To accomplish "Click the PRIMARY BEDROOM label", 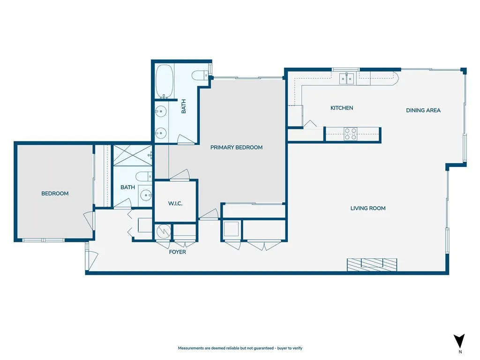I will tap(236, 147).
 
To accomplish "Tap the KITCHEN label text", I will tap(342, 108).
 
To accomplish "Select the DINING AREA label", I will tap(423, 111).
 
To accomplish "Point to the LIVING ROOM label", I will tap(368, 208).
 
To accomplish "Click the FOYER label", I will tap(178, 252).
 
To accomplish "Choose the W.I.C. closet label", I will tap(175, 203).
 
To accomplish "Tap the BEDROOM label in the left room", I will tap(55, 194).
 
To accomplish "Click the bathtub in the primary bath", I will tap(165, 81).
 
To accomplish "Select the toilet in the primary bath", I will tap(199, 75).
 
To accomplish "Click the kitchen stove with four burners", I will tap(350, 134).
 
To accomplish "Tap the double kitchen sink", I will tap(347, 78).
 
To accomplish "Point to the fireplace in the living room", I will tap(372, 265).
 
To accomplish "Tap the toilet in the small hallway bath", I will tap(142, 177).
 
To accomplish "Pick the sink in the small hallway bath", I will tap(146, 195).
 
